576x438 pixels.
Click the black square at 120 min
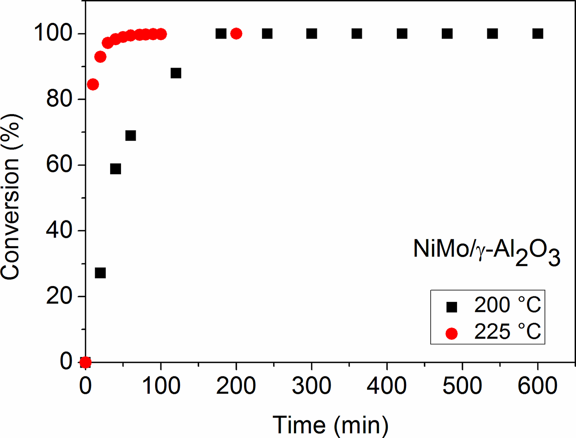[x=176, y=73]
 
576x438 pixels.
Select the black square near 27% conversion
[x=100, y=273]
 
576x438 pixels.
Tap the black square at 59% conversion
[x=116, y=169]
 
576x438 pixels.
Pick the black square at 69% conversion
[x=130, y=136]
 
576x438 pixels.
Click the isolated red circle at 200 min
[x=236, y=34]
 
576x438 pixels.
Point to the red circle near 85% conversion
[x=93, y=84]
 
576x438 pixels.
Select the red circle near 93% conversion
[x=100, y=56]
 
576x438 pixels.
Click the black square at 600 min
[x=538, y=34]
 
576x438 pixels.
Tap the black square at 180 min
[x=221, y=34]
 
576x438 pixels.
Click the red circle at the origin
[x=85, y=362]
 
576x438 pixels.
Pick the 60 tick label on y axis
[x=59, y=165]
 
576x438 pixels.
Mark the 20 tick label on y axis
[x=59, y=296]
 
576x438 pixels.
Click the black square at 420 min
[x=402, y=34]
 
